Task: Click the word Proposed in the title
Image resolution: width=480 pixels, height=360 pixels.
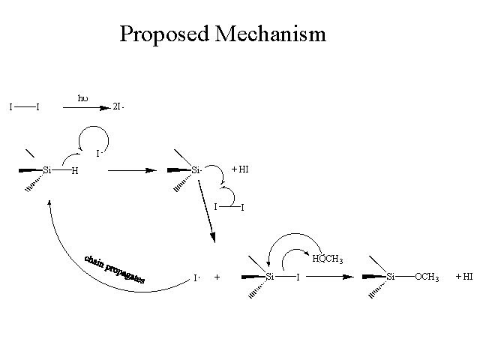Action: pyautogui.click(x=164, y=34)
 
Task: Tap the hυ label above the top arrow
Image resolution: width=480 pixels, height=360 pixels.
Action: pyautogui.click(x=82, y=98)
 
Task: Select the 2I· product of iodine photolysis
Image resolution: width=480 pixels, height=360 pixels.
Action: pyautogui.click(x=118, y=106)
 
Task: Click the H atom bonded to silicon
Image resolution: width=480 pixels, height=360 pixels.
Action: pyautogui.click(x=75, y=171)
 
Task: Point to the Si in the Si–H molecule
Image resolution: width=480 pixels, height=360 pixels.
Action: pyautogui.click(x=47, y=170)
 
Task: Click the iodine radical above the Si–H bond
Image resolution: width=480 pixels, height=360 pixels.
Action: pyautogui.click(x=98, y=153)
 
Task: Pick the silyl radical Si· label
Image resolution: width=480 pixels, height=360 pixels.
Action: pyautogui.click(x=196, y=170)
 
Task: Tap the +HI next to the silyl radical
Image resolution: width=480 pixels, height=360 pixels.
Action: pyautogui.click(x=240, y=169)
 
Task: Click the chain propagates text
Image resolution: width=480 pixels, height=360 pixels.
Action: pyautogui.click(x=115, y=269)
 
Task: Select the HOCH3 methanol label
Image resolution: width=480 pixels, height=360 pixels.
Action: pyautogui.click(x=328, y=259)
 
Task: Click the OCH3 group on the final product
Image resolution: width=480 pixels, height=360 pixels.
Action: pyautogui.click(x=427, y=277)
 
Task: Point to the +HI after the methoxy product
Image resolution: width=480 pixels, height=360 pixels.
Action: pyautogui.click(x=464, y=277)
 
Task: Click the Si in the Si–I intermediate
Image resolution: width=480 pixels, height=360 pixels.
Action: pyautogui.click(x=270, y=277)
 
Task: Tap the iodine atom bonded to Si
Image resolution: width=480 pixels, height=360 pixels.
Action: pyautogui.click(x=298, y=277)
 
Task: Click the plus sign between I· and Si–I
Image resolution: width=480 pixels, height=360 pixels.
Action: pyautogui.click(x=217, y=277)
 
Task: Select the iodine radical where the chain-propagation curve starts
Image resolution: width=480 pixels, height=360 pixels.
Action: pyautogui.click(x=196, y=278)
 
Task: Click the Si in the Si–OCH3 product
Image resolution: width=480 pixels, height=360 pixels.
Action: pyautogui.click(x=390, y=277)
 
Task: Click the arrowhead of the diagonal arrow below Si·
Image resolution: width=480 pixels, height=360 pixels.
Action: pyautogui.click(x=213, y=238)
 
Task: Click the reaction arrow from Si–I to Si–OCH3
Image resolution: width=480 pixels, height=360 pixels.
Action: pyautogui.click(x=330, y=277)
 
